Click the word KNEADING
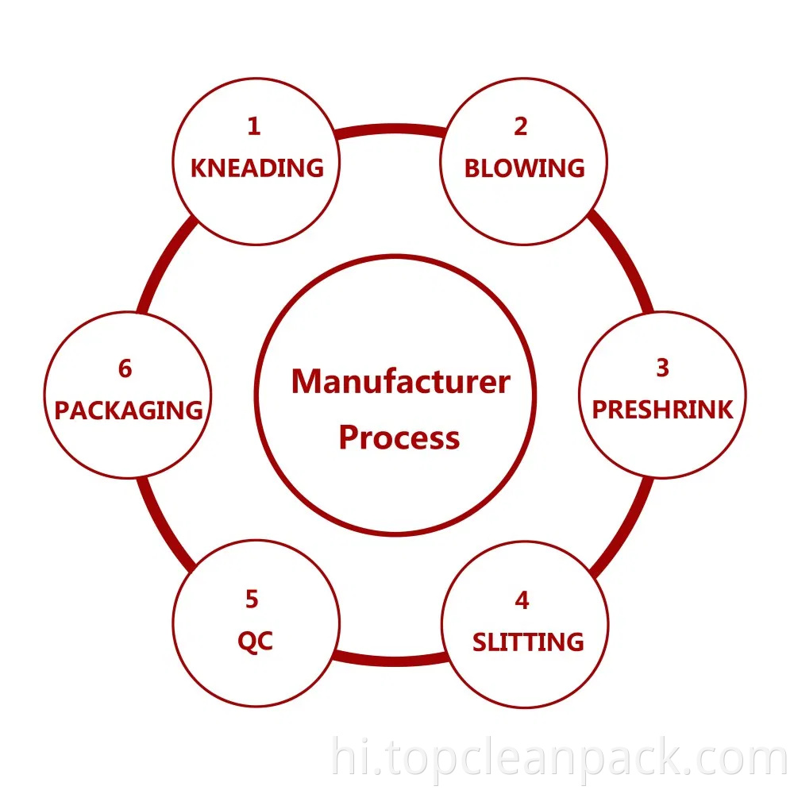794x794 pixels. point(257,168)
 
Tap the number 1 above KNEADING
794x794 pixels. point(253,126)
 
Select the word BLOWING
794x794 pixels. point(524,168)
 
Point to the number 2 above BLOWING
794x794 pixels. point(521,126)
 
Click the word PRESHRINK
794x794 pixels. point(662,410)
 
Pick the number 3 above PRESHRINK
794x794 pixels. point(662,368)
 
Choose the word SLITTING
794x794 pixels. point(528,642)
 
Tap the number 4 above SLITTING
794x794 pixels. point(522,600)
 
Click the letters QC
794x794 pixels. point(255,642)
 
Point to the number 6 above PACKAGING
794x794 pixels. point(125,369)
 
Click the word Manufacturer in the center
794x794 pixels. point(400,382)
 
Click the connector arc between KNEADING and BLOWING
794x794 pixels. point(389,129)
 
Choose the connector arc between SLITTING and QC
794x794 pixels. point(389,660)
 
